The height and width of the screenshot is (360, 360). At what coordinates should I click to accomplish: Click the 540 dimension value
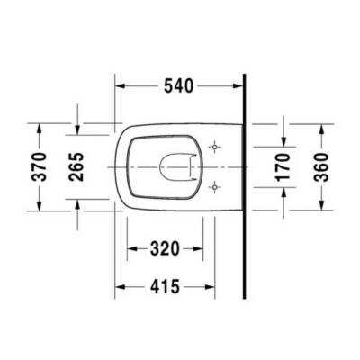point(180,87)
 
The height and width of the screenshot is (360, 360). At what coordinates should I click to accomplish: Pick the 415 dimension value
point(166,287)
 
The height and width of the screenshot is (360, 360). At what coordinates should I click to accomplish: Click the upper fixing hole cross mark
point(213,146)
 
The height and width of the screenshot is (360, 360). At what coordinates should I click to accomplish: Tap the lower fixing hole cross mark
point(213,187)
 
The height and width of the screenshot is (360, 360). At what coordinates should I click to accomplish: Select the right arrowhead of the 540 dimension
point(239,87)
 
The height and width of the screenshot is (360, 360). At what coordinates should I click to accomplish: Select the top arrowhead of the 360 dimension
point(322,126)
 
